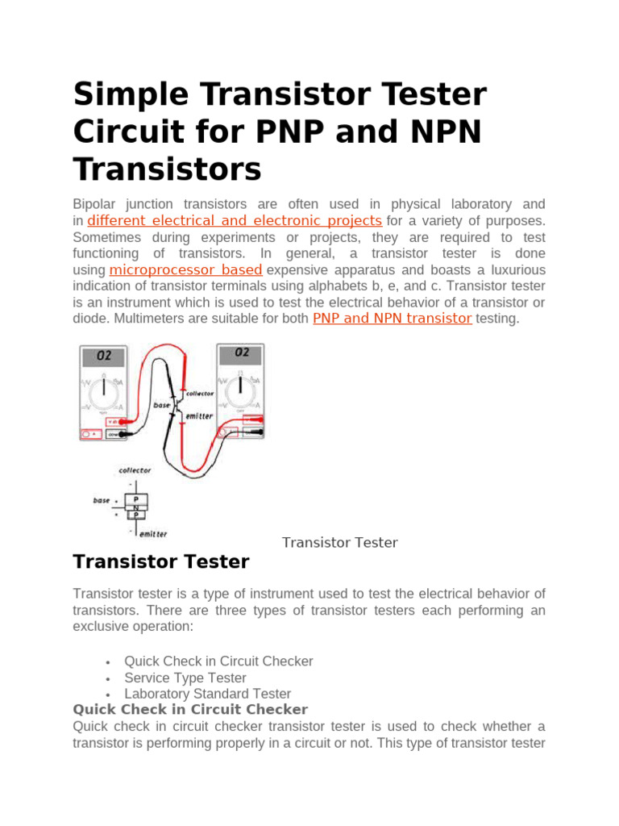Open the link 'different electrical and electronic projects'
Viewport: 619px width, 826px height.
(235, 221)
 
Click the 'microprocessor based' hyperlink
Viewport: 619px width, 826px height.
(185, 269)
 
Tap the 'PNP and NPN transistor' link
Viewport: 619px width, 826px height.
(392, 318)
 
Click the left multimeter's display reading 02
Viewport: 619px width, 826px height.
(105, 354)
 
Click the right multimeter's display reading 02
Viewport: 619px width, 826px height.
(242, 353)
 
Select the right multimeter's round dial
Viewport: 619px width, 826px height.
(241, 392)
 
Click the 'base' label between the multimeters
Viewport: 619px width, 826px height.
(162, 405)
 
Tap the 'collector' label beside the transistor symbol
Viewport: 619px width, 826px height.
(200, 394)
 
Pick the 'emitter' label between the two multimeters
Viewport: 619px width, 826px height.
(199, 416)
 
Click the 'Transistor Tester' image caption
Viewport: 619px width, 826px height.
(339, 542)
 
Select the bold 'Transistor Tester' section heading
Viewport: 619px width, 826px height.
(161, 561)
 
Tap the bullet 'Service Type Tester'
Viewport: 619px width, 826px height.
(185, 678)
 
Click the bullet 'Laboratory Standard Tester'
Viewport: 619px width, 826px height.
(207, 694)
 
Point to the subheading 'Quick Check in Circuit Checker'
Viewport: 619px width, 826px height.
(190, 710)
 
